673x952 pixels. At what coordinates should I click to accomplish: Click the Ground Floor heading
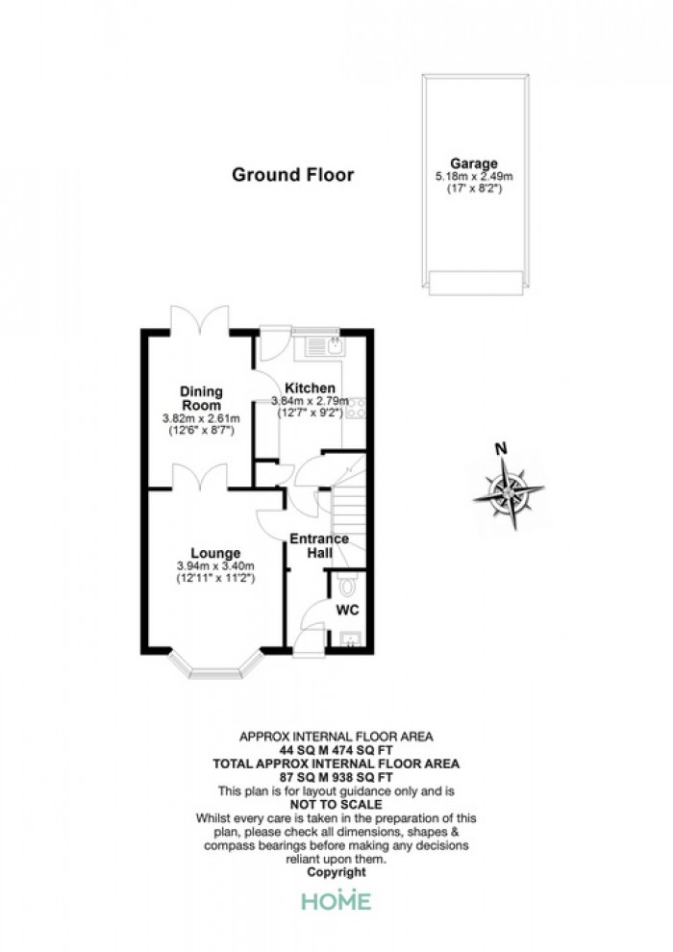(x=292, y=175)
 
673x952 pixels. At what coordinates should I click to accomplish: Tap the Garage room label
(x=474, y=163)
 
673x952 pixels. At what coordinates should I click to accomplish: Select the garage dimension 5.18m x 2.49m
(x=474, y=177)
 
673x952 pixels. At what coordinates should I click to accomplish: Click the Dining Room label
(x=202, y=398)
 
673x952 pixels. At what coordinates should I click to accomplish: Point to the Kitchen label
(x=311, y=388)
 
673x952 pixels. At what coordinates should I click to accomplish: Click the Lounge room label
(x=215, y=553)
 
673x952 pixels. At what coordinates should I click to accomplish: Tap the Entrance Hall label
(x=319, y=545)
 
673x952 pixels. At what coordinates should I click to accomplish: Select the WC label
(x=348, y=609)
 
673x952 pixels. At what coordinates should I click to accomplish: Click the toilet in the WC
(x=348, y=584)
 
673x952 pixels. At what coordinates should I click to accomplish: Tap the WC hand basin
(x=350, y=639)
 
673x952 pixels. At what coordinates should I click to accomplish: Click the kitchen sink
(x=325, y=347)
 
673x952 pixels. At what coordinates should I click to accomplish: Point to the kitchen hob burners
(x=357, y=408)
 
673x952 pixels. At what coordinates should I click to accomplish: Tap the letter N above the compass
(x=501, y=449)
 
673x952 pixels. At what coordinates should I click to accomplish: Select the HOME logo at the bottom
(x=336, y=900)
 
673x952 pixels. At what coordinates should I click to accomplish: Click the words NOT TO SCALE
(x=336, y=805)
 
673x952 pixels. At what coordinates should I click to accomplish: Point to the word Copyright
(x=336, y=872)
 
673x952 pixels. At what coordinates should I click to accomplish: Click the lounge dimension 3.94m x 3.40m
(x=215, y=566)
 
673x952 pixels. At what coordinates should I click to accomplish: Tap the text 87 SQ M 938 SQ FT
(x=336, y=778)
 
